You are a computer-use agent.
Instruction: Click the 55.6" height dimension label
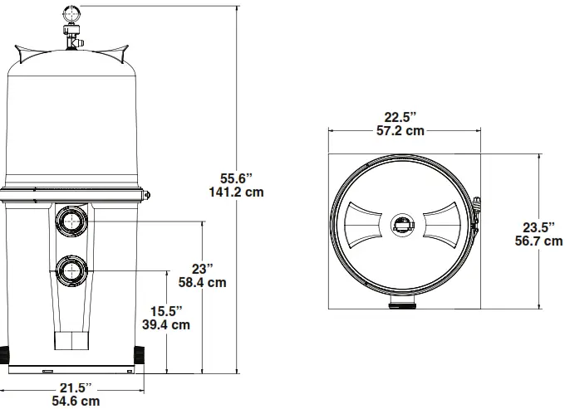(x=236, y=178)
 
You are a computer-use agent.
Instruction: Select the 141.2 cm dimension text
(x=236, y=192)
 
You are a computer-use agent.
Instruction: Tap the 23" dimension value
(x=203, y=268)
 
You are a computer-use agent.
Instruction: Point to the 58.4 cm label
(x=203, y=282)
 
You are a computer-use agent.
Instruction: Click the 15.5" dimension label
(x=167, y=310)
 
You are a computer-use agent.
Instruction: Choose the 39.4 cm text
(x=167, y=324)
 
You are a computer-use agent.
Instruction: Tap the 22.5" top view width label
(x=403, y=116)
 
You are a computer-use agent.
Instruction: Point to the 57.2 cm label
(x=403, y=130)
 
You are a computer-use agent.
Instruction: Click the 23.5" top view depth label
(x=538, y=226)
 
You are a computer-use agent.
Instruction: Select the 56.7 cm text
(x=538, y=241)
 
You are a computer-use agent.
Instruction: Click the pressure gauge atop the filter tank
(x=70, y=13)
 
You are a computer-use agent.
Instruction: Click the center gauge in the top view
(x=403, y=224)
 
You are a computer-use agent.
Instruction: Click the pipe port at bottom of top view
(x=403, y=304)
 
